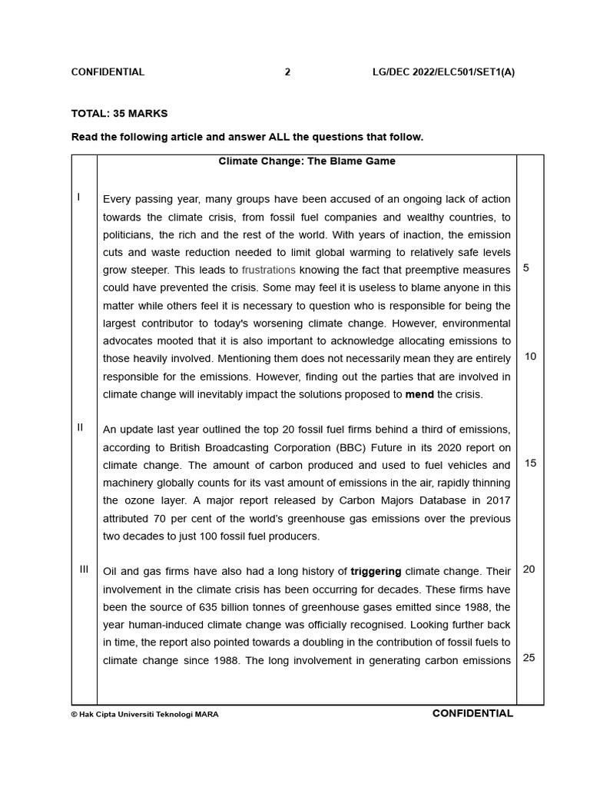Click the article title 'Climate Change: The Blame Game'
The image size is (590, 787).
click(x=307, y=161)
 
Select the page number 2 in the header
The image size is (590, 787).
click(x=287, y=72)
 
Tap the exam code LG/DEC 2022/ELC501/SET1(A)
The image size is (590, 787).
click(x=443, y=72)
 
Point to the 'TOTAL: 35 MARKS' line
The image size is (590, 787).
click(x=119, y=114)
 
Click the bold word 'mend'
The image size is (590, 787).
click(x=419, y=394)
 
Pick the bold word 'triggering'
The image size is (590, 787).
click(x=376, y=571)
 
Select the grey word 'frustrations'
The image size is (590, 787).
click(x=268, y=270)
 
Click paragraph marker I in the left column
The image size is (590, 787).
click(x=78, y=198)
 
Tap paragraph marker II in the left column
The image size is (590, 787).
click(x=80, y=427)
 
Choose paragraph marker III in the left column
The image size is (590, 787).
click(x=84, y=569)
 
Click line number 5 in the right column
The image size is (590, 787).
click(x=525, y=268)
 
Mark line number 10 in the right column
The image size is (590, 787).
click(x=530, y=357)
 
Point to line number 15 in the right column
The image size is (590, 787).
click(x=530, y=463)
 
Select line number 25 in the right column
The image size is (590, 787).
click(x=530, y=658)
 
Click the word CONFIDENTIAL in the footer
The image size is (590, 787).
click(x=472, y=713)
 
